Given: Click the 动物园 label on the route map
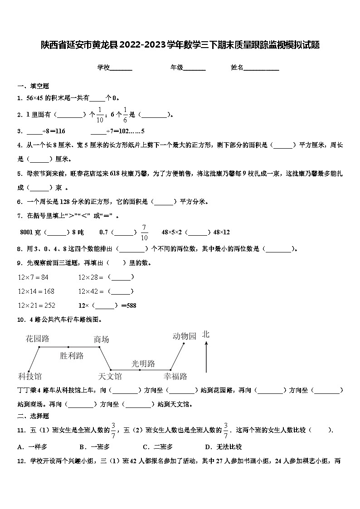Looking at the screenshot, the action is coord(185,336).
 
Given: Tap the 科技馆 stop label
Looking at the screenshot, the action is coord(30,376).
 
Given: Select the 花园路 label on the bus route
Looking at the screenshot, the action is coord(38,339).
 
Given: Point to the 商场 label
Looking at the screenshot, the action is coord(102,339).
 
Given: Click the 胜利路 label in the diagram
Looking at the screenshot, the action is coord(72,356).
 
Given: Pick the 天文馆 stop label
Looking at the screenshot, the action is coord(110,376).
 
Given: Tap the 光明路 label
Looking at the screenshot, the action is coord(143,364).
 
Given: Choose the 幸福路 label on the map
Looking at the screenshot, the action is coord(175,376).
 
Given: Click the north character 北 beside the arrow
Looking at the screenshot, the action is coord(206,334).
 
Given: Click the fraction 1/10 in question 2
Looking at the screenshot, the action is coord(100,115).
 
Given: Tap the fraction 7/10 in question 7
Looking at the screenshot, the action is coord(145,232).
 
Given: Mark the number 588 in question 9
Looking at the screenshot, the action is coord(131,305).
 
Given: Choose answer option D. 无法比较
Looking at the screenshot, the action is coord(223,447).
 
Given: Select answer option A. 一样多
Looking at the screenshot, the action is coord(33,447).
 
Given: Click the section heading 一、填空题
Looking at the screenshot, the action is coord(33,86).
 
